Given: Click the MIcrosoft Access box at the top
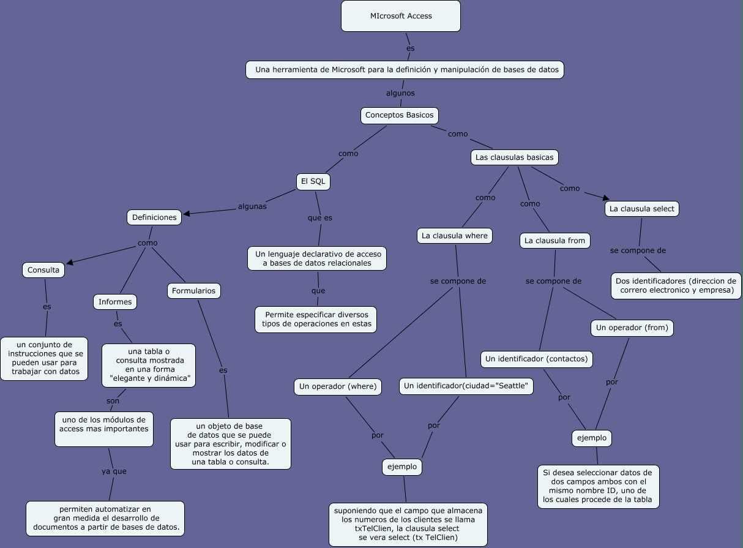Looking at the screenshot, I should [x=401, y=16].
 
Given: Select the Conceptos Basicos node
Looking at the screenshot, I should [x=399, y=115].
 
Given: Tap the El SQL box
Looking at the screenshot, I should [x=313, y=181].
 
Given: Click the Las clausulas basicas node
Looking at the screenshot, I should [x=514, y=157].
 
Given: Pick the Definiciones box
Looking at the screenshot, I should [x=154, y=217].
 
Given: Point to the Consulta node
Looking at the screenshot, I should [x=43, y=270].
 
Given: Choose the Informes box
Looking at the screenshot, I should [x=115, y=302].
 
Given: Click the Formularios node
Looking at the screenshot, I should [x=193, y=291].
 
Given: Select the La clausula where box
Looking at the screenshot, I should [x=455, y=236].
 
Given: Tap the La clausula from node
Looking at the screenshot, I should [x=554, y=241].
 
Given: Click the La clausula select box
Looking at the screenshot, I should [x=641, y=209].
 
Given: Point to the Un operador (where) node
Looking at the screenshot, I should [x=338, y=386].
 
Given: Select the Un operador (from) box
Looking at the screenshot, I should [x=632, y=328].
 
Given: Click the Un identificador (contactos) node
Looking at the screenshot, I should [x=537, y=359].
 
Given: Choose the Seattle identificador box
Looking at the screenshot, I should [x=466, y=386].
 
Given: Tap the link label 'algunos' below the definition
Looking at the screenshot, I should [x=400, y=93].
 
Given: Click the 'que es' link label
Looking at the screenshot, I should [x=319, y=217].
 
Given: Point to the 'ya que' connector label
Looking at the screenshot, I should [x=114, y=471].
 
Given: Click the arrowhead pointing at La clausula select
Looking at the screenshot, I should [x=606, y=197].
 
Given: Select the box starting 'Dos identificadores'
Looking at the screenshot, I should [x=676, y=286].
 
